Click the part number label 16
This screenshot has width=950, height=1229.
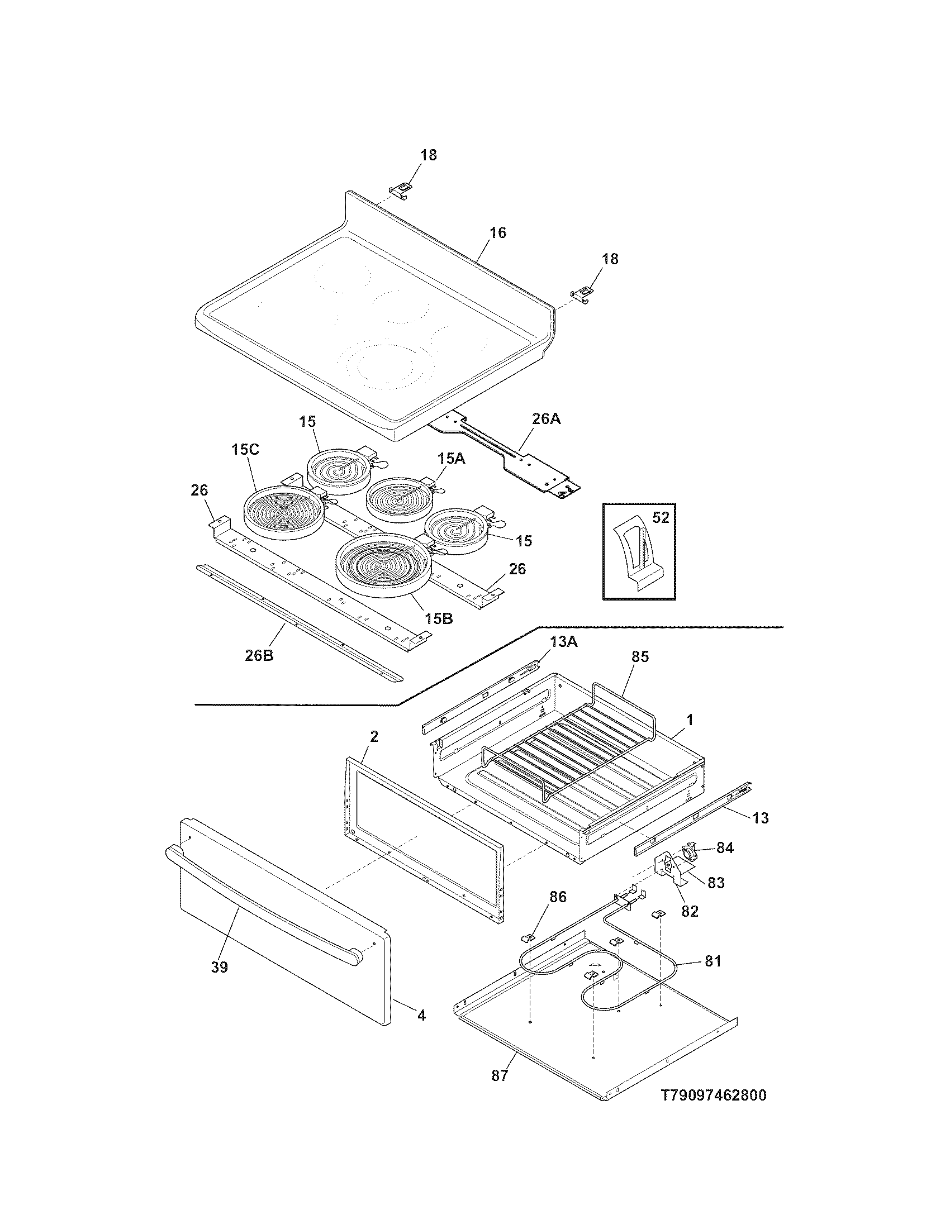point(497,232)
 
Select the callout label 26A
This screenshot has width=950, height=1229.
point(546,419)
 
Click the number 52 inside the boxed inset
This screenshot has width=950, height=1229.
point(660,517)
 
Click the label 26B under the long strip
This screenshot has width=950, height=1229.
point(259,655)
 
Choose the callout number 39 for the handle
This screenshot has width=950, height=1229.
point(219,967)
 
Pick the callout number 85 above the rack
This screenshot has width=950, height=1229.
point(640,656)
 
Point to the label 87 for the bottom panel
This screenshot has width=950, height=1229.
point(499,1075)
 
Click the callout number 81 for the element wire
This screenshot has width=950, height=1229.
point(712,961)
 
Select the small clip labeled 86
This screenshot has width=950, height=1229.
point(529,937)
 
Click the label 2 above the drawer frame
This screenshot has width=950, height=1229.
point(374,736)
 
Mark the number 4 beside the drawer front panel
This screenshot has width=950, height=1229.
point(421,1015)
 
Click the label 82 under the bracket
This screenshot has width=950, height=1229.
point(690,911)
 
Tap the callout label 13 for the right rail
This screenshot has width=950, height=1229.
point(760,818)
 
